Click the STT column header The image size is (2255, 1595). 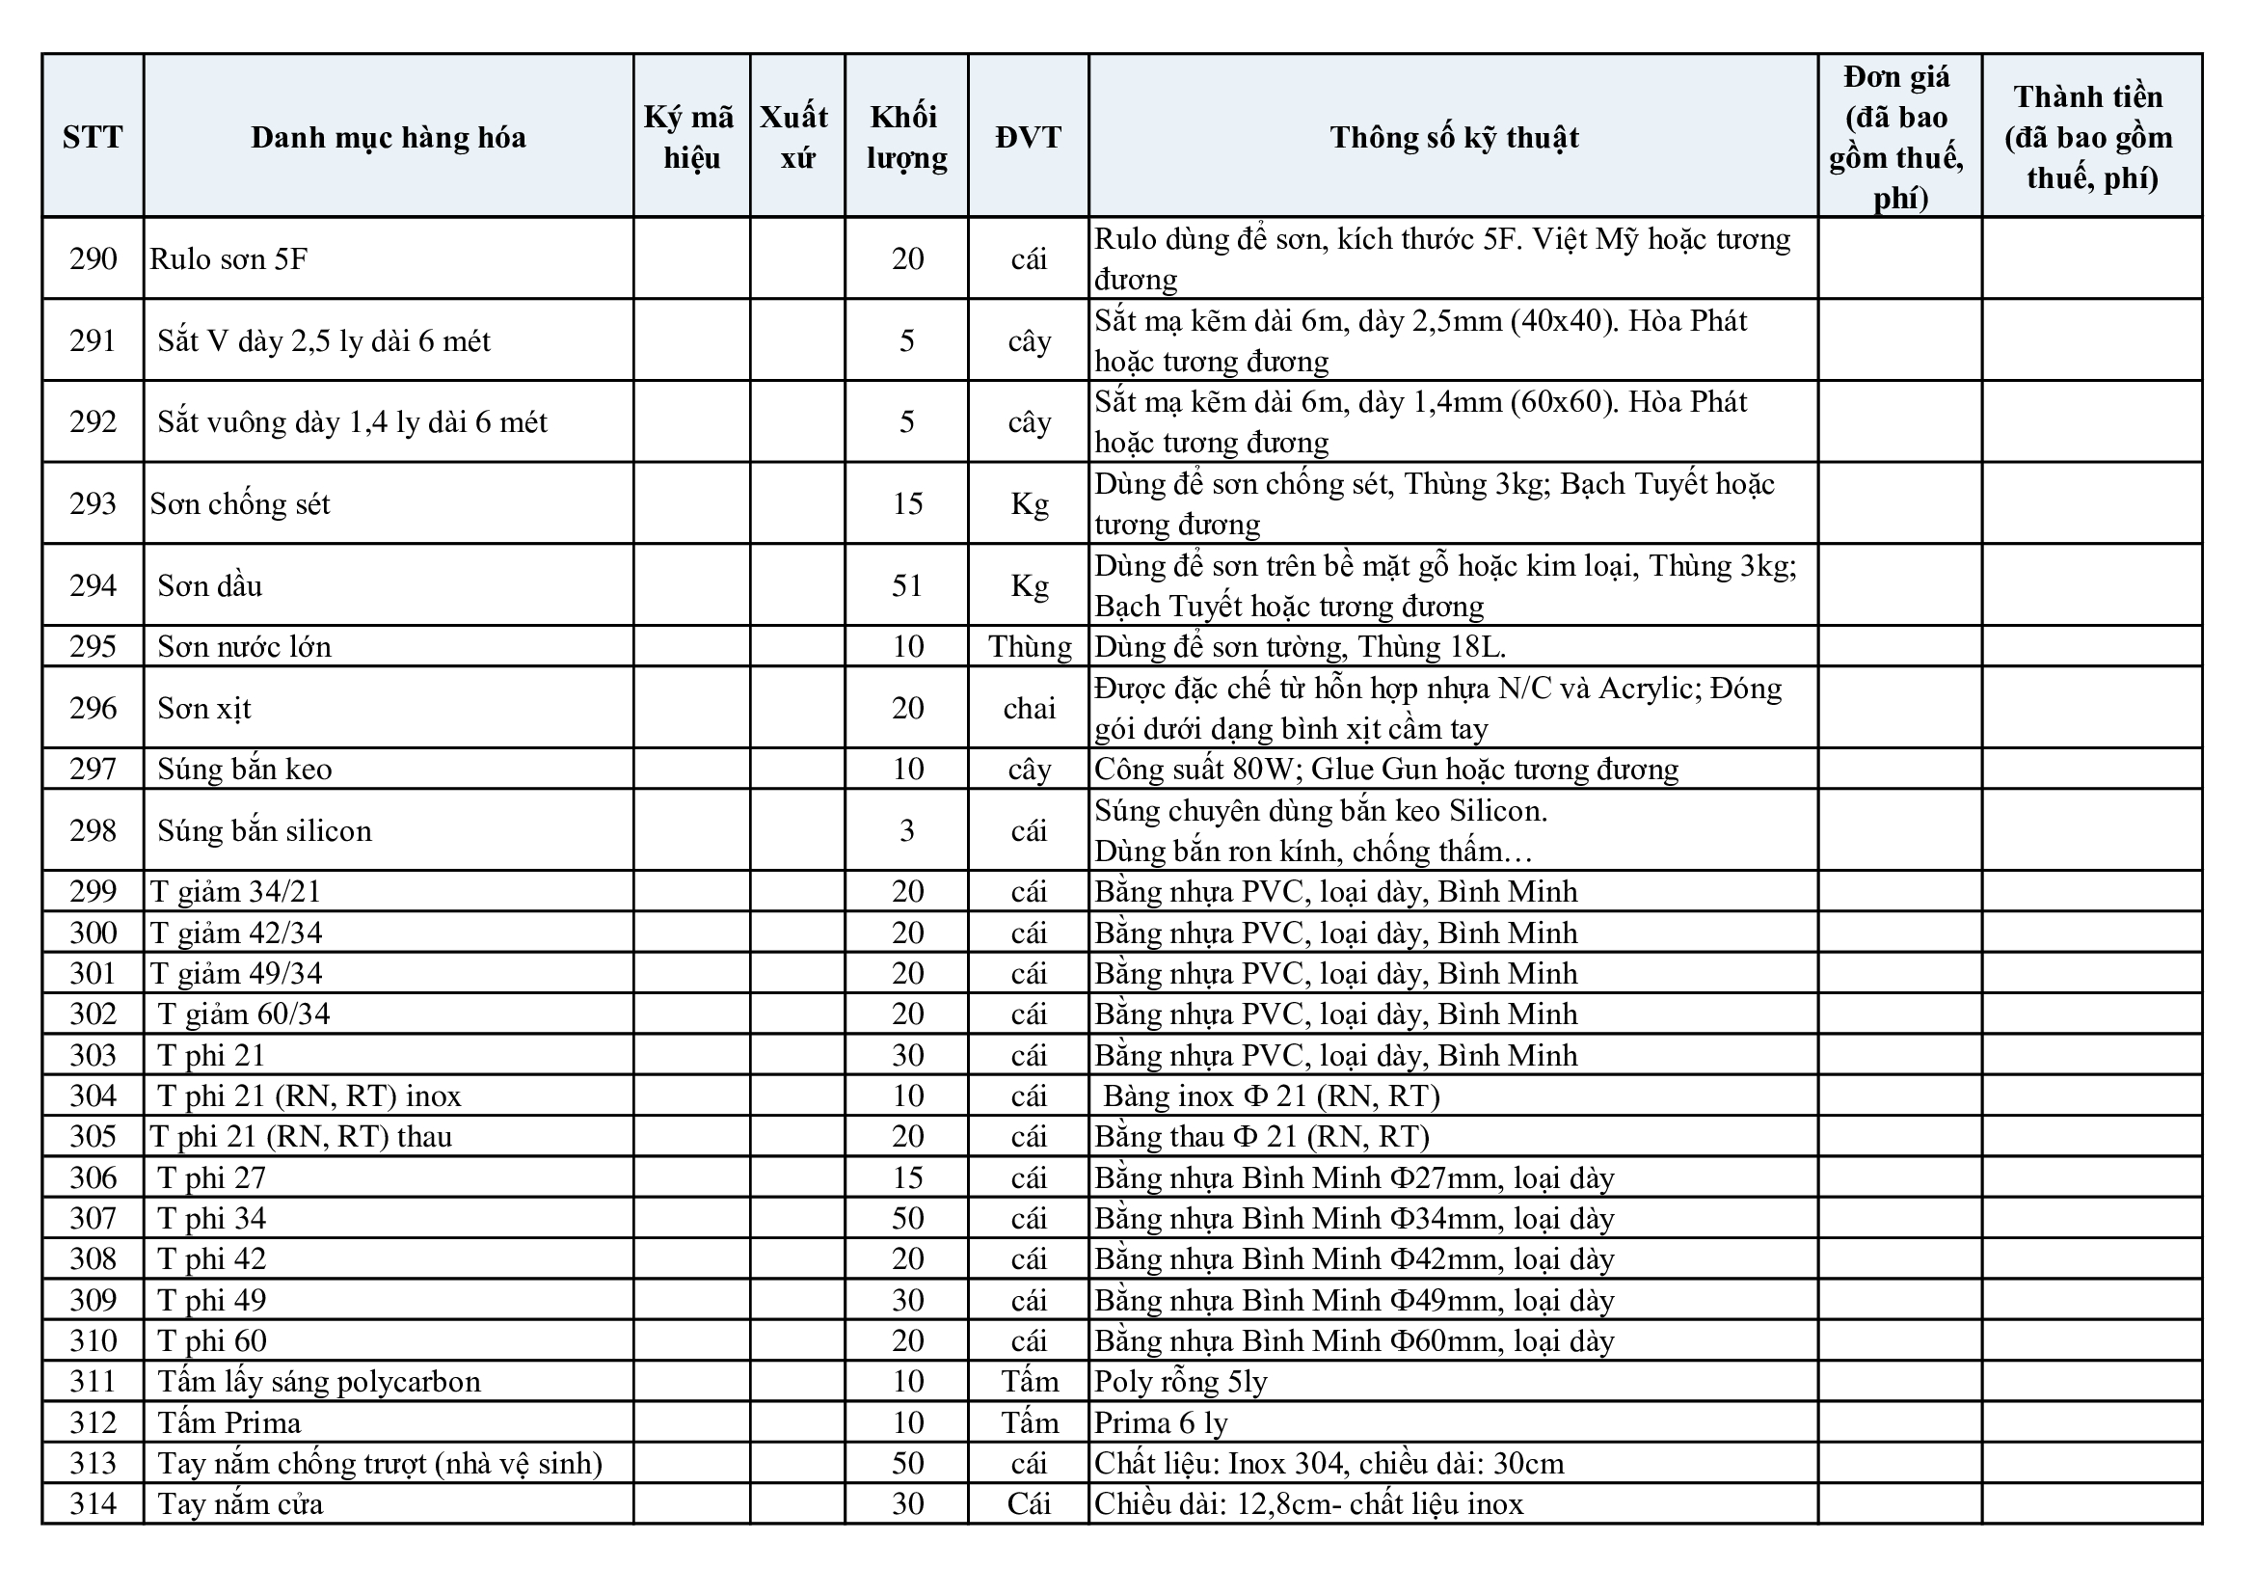(x=93, y=137)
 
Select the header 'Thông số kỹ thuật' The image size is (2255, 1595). (x=1454, y=137)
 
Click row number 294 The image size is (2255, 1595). (x=93, y=585)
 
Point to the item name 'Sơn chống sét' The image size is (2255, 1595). (x=241, y=503)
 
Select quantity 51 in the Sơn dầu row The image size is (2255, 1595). (x=906, y=585)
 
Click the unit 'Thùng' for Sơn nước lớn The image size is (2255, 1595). (x=1030, y=646)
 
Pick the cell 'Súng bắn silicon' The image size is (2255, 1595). (x=264, y=831)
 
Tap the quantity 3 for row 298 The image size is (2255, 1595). (x=906, y=831)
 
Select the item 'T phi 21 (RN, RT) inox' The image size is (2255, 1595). (x=309, y=1095)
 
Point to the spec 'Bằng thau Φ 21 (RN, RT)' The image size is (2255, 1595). (x=1262, y=1136)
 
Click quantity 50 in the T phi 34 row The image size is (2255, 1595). (x=906, y=1218)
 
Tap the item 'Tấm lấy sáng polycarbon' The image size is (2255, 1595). (x=318, y=1382)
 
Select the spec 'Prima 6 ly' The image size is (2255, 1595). (x=1161, y=1422)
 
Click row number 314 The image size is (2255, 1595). (x=93, y=1503)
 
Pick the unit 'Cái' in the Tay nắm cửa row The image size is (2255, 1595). (x=1030, y=1503)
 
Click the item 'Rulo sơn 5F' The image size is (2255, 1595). (x=228, y=259)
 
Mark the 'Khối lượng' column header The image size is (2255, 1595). (x=906, y=137)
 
